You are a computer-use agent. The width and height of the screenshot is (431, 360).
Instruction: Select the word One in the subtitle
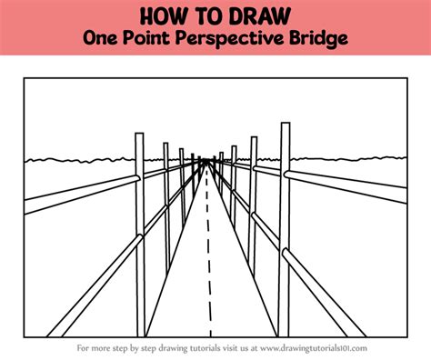pyautogui.click(x=100, y=38)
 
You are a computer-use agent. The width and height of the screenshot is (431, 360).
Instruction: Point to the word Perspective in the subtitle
pyautogui.click(x=229, y=39)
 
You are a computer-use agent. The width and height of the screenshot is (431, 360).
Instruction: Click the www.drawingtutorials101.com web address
pyautogui.click(x=314, y=348)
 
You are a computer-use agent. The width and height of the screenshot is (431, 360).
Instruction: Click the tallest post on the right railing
pyautogui.click(x=285, y=229)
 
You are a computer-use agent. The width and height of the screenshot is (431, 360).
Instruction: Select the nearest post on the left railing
pyautogui.click(x=140, y=235)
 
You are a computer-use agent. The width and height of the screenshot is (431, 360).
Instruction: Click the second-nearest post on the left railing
pyautogui.click(x=166, y=207)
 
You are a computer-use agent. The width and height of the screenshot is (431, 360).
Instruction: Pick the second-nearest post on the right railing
pyautogui.click(x=253, y=206)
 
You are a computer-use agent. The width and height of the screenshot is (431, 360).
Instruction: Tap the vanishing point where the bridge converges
pyautogui.click(x=206, y=160)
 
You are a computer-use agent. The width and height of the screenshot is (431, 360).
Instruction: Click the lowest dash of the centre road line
pyautogui.click(x=210, y=330)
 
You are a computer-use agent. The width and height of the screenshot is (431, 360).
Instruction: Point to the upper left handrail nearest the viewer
pyautogui.click(x=82, y=195)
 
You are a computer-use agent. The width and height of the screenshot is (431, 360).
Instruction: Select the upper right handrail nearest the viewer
pyautogui.click(x=346, y=186)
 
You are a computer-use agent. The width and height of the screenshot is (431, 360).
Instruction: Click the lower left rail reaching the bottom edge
pyautogui.click(x=95, y=285)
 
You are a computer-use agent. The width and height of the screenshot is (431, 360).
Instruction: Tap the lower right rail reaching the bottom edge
pyautogui.click(x=324, y=293)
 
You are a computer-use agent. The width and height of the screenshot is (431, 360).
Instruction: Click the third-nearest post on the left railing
pyautogui.click(x=182, y=188)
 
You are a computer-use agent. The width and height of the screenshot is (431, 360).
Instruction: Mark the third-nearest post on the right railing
pyautogui.click(x=234, y=188)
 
